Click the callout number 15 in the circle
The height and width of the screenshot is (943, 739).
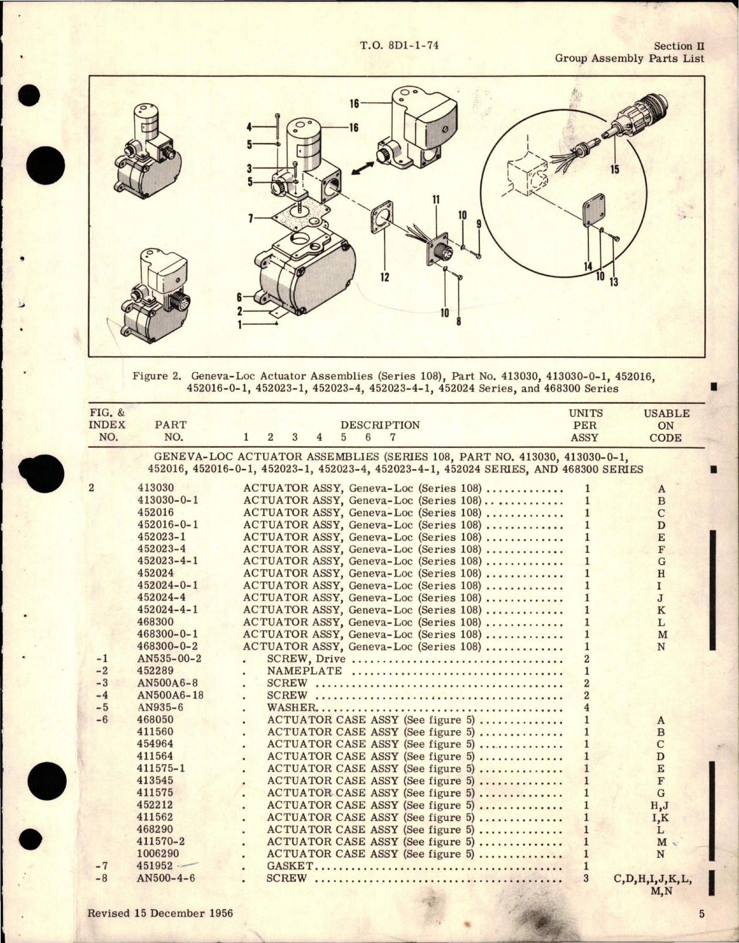point(614,170)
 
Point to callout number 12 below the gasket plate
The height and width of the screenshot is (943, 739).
point(384,277)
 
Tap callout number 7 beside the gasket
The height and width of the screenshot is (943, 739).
point(250,219)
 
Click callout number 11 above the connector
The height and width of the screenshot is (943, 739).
point(436,200)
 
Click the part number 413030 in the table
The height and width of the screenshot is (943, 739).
point(155,488)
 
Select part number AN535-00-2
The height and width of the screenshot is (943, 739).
point(169,658)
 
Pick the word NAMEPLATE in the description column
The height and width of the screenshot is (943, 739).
point(304,670)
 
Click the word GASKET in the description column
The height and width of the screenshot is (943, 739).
point(290,866)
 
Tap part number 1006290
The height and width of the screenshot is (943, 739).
point(158,853)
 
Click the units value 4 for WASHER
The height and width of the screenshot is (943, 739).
point(587,707)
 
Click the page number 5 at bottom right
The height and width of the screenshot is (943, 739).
point(702,913)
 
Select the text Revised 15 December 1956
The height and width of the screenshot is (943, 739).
point(160,913)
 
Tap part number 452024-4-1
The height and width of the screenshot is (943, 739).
point(167,610)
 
